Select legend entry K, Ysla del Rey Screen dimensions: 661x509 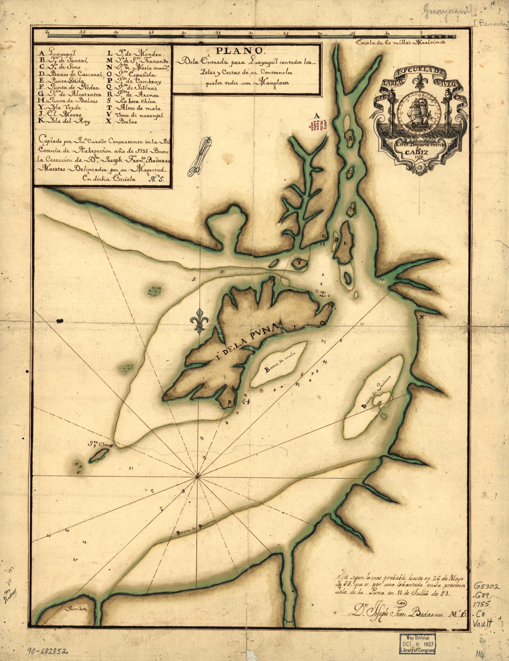(66, 121)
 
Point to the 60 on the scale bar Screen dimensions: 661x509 (48, 32)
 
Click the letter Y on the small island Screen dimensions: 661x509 (298, 263)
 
